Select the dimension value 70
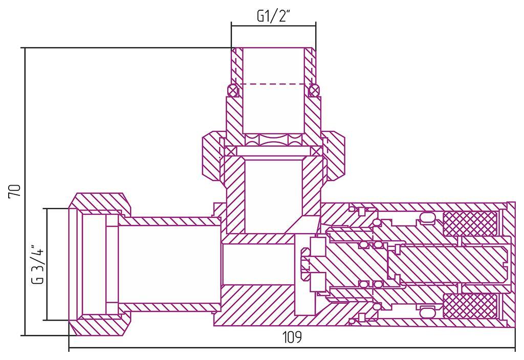click(x=15, y=191)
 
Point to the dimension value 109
click(x=292, y=337)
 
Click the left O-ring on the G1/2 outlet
click(x=233, y=91)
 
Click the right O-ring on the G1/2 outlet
click(x=315, y=91)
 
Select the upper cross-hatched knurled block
click(x=469, y=224)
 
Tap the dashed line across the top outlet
click(x=273, y=83)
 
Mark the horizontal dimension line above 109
click(x=292, y=349)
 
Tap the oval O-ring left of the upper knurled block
click(x=427, y=219)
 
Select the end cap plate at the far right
click(x=510, y=264)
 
